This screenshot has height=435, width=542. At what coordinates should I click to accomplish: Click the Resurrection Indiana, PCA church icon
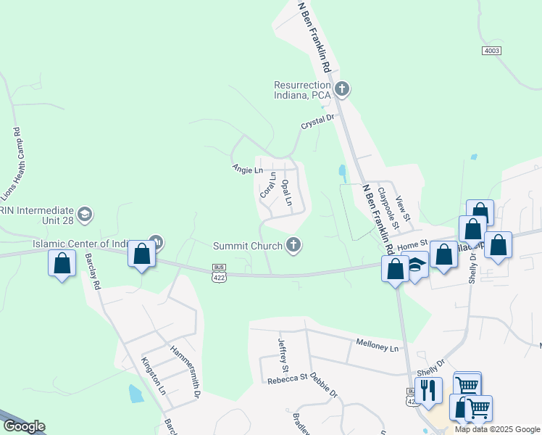pyautogui.click(x=342, y=90)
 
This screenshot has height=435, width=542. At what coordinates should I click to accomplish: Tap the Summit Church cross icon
pyautogui.click(x=293, y=245)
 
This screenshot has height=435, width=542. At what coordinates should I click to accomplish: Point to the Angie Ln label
pyautogui.click(x=247, y=170)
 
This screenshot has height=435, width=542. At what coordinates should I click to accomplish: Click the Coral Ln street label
pyautogui.click(x=267, y=185)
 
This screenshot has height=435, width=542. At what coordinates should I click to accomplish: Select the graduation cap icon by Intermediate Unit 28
pyautogui.click(x=85, y=214)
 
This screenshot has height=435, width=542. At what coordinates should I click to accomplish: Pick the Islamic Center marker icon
pyautogui.click(x=155, y=241)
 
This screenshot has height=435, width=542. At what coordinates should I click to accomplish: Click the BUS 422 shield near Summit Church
pyautogui.click(x=219, y=273)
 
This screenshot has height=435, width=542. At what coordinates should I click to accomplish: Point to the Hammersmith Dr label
pyautogui.click(x=185, y=370)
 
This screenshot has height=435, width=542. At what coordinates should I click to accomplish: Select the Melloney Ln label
pyautogui.click(x=377, y=347)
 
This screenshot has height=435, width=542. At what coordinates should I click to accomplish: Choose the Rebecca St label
pyautogui.click(x=287, y=379)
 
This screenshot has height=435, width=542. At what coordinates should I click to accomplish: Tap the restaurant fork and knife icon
pyautogui.click(x=428, y=390)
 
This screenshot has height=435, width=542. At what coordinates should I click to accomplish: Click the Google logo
pyautogui.click(x=23, y=426)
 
